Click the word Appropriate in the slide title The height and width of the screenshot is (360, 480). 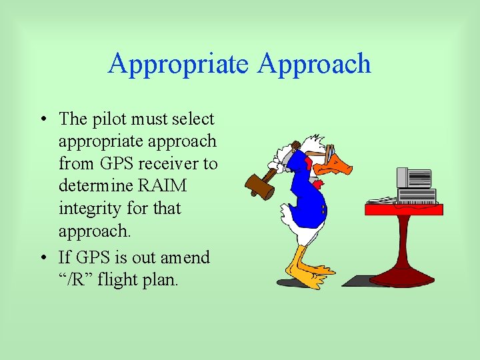coord(178,64)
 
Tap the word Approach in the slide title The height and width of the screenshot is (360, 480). coord(314,64)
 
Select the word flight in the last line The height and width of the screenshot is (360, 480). coord(119,280)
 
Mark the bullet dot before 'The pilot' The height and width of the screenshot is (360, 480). coord(42,120)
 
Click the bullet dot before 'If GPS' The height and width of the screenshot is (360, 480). coord(42,258)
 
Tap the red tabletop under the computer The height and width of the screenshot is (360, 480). coord(404,209)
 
